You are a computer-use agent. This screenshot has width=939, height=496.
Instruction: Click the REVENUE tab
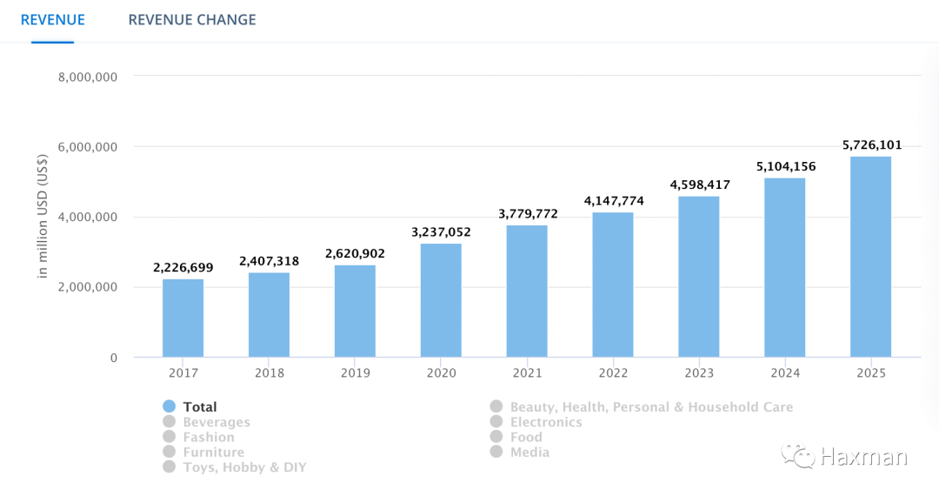pyautogui.click(x=53, y=19)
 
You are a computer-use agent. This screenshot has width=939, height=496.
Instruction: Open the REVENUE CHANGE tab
pyautogui.click(x=192, y=19)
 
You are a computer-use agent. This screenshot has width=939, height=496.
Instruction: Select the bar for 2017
pyautogui.click(x=183, y=318)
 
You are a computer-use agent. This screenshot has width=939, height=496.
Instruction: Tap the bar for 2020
pyautogui.click(x=441, y=300)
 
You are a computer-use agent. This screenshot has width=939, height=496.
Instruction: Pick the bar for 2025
pyautogui.click(x=870, y=257)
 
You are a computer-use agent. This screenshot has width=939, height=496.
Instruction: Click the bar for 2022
pyautogui.click(x=613, y=285)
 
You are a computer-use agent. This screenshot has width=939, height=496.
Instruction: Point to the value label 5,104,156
pyautogui.click(x=784, y=166)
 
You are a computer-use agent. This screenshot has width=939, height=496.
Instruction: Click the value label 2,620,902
pyautogui.click(x=355, y=253)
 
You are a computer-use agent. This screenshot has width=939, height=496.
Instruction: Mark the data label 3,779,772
pyautogui.click(x=528, y=213)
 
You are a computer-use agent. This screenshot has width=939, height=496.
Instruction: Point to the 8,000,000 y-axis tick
pyautogui.click(x=87, y=77)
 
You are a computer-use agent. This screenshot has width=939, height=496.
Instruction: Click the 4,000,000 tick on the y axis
pyautogui.click(x=87, y=217)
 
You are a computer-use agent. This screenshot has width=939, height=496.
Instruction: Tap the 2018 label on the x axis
pyautogui.click(x=270, y=372)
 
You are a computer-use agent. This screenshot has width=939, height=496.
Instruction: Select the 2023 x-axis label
pyautogui.click(x=699, y=372)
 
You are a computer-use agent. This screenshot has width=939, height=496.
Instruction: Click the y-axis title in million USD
pyautogui.click(x=42, y=218)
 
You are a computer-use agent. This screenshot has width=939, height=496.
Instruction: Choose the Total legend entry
pyautogui.click(x=200, y=406)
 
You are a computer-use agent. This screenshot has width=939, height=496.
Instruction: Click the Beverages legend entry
pyautogui.click(x=216, y=422)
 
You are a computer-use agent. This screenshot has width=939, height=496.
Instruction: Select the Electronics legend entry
pyautogui.click(x=546, y=422)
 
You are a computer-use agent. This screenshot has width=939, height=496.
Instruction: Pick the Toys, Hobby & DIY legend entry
pyautogui.click(x=244, y=467)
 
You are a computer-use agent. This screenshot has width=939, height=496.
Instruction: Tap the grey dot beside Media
pyautogui.click(x=496, y=452)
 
